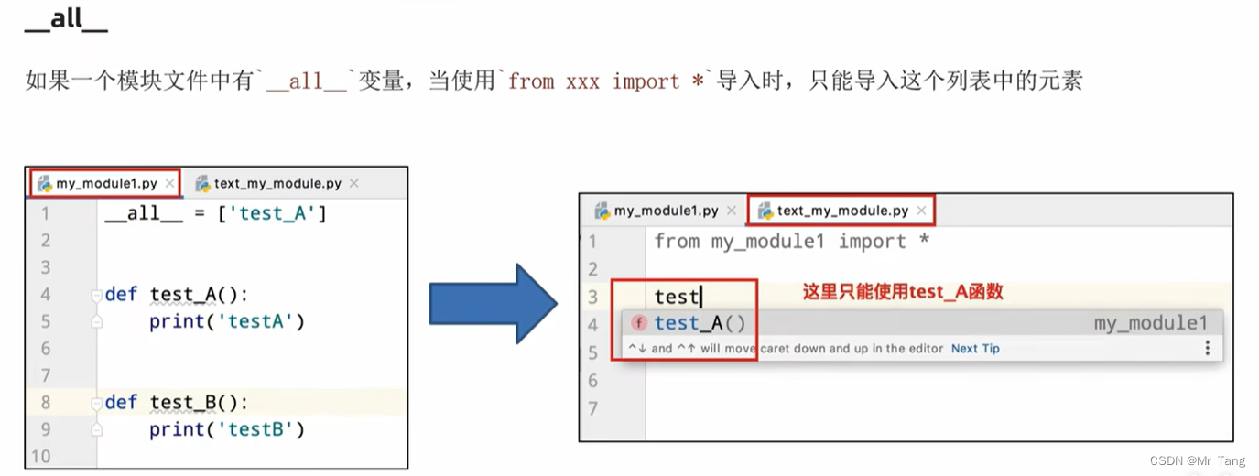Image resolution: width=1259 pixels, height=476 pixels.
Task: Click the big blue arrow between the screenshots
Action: point(493,304)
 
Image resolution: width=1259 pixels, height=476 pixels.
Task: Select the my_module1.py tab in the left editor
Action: point(106,183)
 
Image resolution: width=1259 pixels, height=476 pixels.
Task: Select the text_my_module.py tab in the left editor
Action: point(277,183)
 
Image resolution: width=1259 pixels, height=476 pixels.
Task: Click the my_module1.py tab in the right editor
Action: point(666,211)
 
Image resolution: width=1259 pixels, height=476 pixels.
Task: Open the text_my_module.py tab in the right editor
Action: point(842,211)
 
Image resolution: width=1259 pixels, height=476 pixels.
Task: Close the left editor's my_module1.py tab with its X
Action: point(169,183)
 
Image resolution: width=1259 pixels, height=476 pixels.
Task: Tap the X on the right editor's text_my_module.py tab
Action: point(921,211)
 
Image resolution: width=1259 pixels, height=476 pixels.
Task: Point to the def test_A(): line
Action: point(176,294)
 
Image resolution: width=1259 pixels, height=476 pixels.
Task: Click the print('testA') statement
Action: point(226,321)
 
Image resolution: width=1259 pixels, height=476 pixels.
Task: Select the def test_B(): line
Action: point(176,402)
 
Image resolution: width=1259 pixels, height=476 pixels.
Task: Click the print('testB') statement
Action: point(226,429)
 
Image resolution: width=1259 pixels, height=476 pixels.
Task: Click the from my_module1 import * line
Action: point(791,242)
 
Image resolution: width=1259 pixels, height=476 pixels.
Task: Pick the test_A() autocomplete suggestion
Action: point(700,323)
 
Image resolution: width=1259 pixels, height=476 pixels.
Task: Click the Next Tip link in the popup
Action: point(975,349)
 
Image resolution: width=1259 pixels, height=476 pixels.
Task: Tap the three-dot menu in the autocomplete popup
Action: point(1207,348)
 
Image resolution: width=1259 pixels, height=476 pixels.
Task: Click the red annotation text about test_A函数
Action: point(903,292)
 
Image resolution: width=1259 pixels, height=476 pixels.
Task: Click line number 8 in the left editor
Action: point(45,402)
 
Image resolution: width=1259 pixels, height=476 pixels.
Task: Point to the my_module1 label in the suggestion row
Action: point(1150,323)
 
